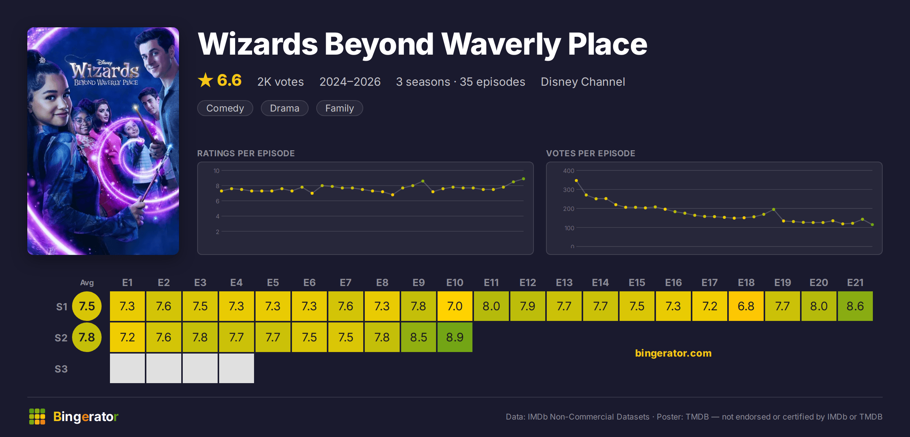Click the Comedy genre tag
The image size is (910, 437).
click(x=225, y=108)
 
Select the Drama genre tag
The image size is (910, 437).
click(x=285, y=108)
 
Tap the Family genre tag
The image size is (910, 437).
click(x=340, y=108)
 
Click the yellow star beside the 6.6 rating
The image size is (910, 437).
click(x=206, y=80)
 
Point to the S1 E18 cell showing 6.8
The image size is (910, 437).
click(x=746, y=306)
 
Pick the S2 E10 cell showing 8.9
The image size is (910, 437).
click(x=455, y=337)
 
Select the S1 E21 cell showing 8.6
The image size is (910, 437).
click(x=855, y=306)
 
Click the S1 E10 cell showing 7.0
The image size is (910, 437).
click(x=455, y=306)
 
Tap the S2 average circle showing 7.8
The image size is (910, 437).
click(x=87, y=337)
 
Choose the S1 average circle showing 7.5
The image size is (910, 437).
click(x=87, y=306)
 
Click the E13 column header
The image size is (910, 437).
click(x=564, y=283)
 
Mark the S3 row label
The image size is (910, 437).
click(x=61, y=369)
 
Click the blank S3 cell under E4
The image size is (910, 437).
click(x=237, y=368)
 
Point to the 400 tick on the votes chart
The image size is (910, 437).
click(x=569, y=171)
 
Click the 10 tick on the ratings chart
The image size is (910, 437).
click(x=217, y=171)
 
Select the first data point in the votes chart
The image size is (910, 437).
click(x=576, y=181)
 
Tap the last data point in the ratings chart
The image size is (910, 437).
click(x=524, y=179)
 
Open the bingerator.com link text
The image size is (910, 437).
click(x=673, y=353)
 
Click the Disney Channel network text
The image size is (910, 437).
click(x=583, y=82)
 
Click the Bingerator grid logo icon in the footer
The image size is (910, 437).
click(x=37, y=417)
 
